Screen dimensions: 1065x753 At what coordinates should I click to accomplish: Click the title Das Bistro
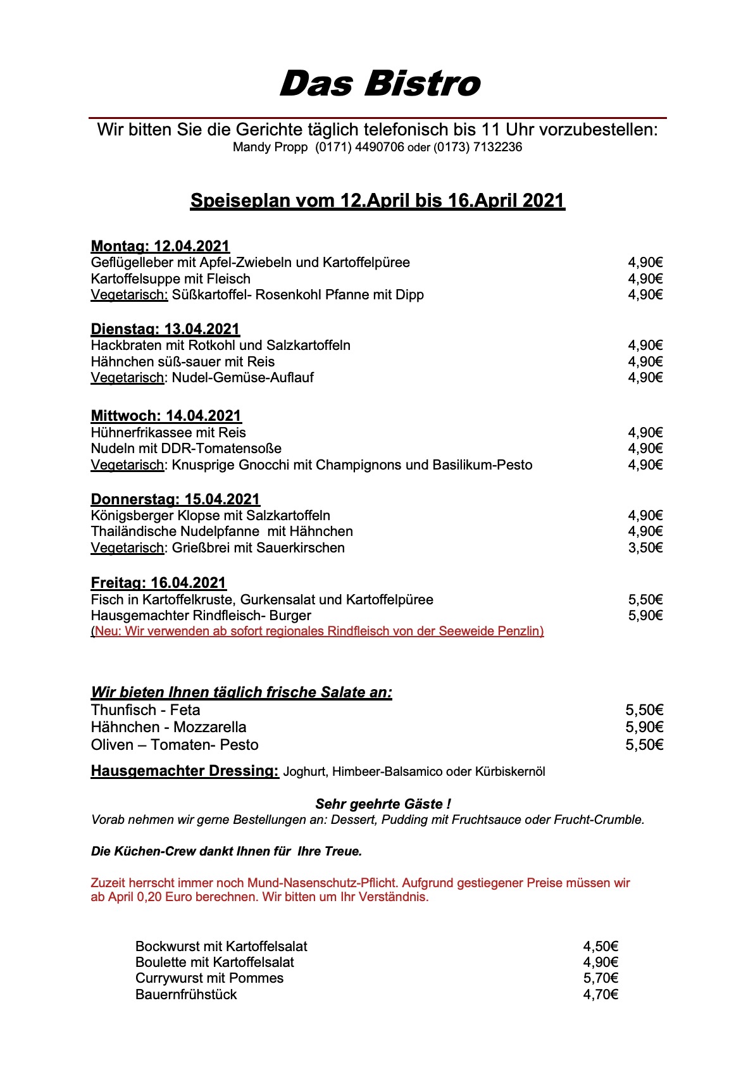[x=380, y=84]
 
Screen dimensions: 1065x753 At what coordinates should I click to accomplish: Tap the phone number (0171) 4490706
[x=359, y=147]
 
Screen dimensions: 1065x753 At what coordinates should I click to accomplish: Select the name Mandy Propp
[x=270, y=147]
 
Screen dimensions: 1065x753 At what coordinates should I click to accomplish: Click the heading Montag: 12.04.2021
[x=160, y=246]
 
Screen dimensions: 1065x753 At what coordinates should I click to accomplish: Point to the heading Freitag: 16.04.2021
[x=158, y=583]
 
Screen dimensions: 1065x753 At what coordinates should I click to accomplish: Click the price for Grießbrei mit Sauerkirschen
[x=645, y=548]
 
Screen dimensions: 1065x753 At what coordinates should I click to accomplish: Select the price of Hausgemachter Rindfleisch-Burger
[x=645, y=616]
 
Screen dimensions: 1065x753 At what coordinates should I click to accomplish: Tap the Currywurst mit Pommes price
[x=600, y=978]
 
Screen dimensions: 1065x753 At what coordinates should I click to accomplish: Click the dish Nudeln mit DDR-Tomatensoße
[x=186, y=449]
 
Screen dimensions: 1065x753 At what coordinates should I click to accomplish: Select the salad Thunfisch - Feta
[x=146, y=710]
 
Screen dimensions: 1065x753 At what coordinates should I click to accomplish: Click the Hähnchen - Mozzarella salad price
[x=644, y=728]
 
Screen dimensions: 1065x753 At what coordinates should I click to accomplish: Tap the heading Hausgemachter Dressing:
[x=185, y=771]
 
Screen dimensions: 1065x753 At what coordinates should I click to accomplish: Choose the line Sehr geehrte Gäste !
[x=383, y=804]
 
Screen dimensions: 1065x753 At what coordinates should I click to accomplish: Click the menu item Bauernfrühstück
[x=186, y=995]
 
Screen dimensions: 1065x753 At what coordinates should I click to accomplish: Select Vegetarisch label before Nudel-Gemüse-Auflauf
[x=127, y=378]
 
